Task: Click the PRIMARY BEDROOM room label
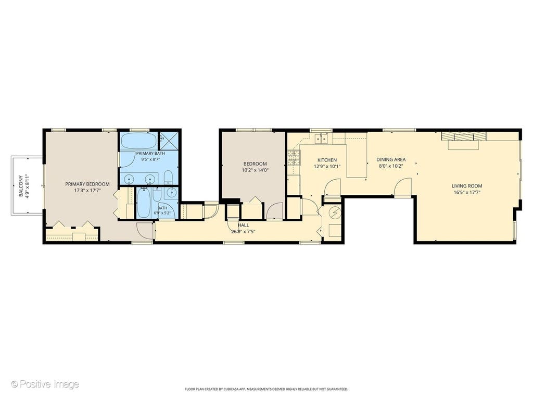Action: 87,184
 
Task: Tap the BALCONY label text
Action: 21,186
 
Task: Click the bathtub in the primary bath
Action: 138,141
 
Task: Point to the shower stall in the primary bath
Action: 169,141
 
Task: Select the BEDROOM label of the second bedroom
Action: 255,164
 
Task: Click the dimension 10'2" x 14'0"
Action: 255,170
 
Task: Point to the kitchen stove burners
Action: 295,157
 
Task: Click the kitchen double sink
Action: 321,139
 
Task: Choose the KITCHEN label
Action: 327,160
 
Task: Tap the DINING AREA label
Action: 391,159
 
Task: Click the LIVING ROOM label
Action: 467,186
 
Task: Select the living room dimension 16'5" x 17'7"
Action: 467,192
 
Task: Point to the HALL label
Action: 243,225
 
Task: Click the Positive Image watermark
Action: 45,384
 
